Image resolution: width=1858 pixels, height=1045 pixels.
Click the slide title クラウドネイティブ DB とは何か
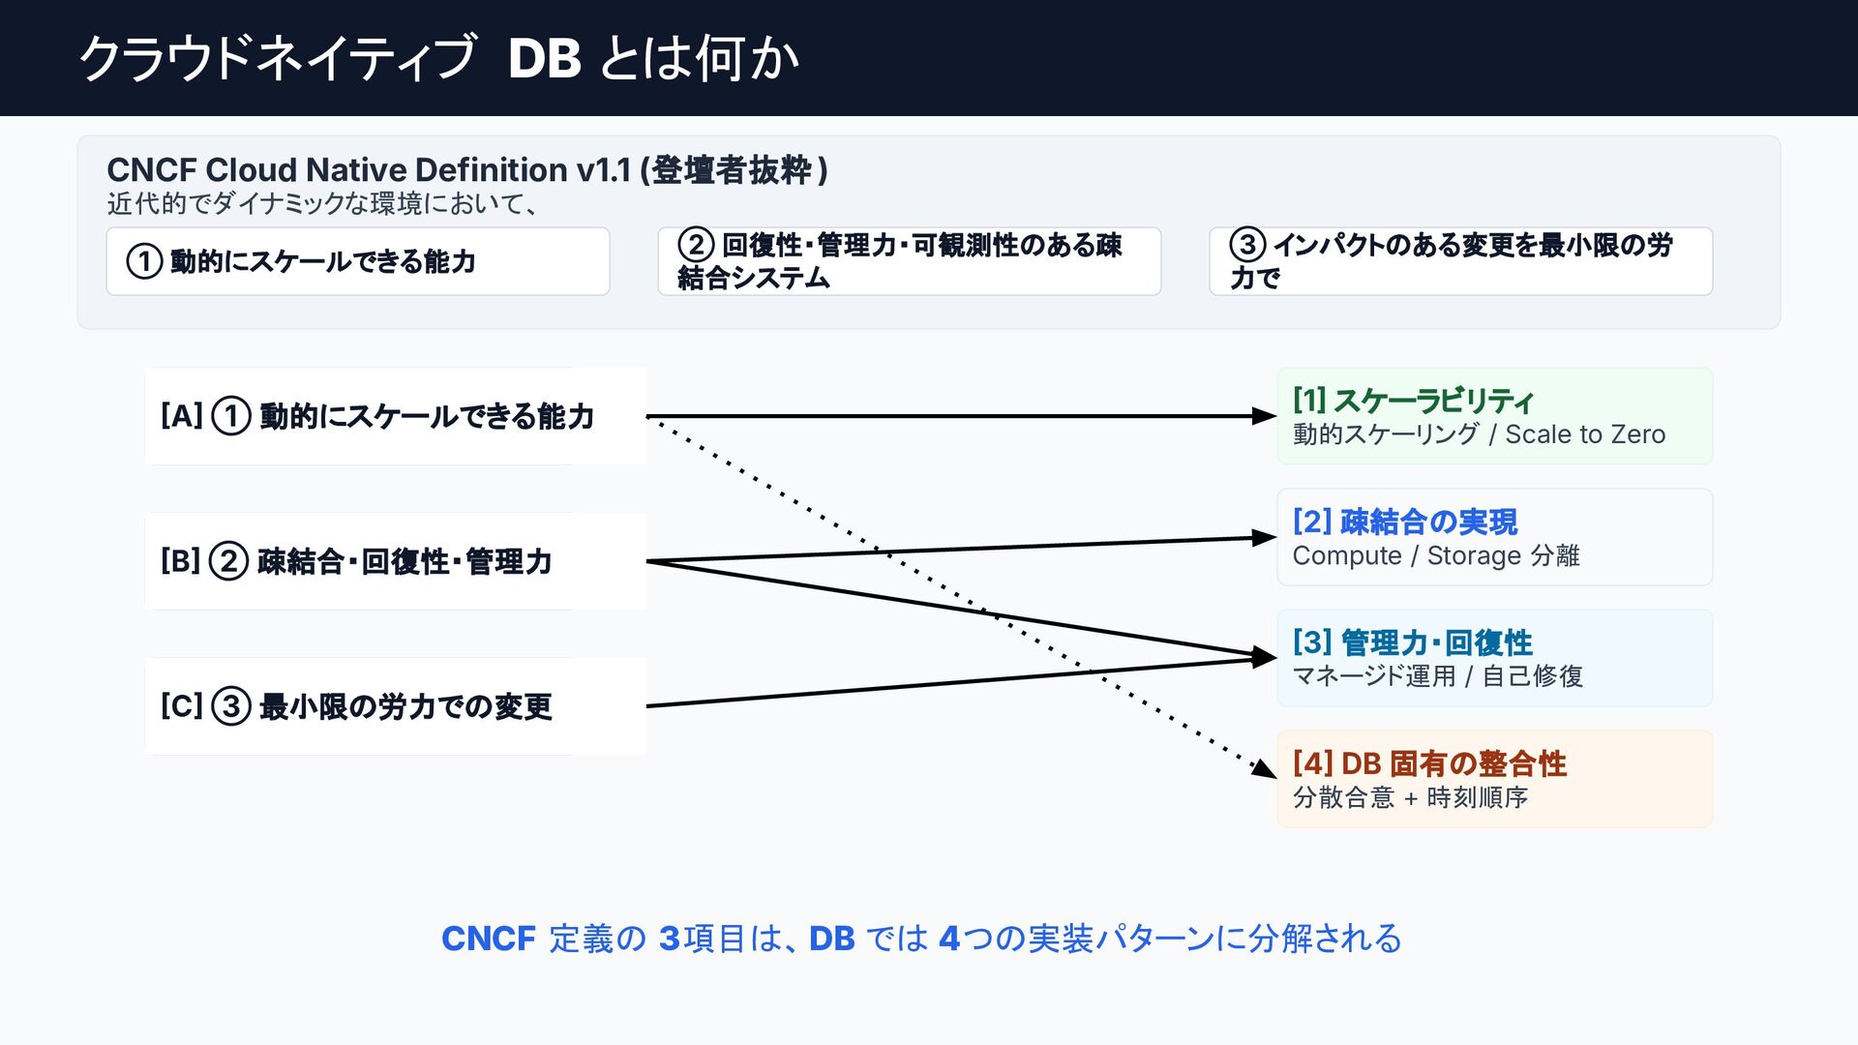439,58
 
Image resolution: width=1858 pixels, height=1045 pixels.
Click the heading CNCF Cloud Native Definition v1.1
369,170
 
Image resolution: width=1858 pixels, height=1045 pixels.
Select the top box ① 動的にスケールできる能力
358,261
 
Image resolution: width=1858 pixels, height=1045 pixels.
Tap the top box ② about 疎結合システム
910,261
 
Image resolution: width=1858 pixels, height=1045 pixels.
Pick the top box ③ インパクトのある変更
1461,261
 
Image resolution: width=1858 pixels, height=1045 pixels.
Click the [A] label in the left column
182,416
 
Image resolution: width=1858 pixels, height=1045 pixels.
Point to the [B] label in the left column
181,561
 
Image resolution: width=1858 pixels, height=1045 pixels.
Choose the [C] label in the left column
182,706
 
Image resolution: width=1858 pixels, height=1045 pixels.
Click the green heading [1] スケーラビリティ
1413,401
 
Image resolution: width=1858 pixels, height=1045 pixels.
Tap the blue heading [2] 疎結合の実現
1405,522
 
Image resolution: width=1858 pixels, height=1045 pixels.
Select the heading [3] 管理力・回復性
1413,642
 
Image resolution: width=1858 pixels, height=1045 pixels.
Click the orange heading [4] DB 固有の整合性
1429,763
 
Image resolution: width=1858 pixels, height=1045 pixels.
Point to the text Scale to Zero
1585,434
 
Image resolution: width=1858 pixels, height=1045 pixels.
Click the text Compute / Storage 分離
1436,555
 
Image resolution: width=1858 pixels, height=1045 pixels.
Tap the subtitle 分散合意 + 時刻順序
1410,797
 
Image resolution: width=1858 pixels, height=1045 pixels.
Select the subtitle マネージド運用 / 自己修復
1438,676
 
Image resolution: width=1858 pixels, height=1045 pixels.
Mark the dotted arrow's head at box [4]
1265,769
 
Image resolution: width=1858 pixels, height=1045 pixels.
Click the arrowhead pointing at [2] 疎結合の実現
1265,538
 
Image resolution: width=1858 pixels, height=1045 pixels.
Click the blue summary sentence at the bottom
921,939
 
